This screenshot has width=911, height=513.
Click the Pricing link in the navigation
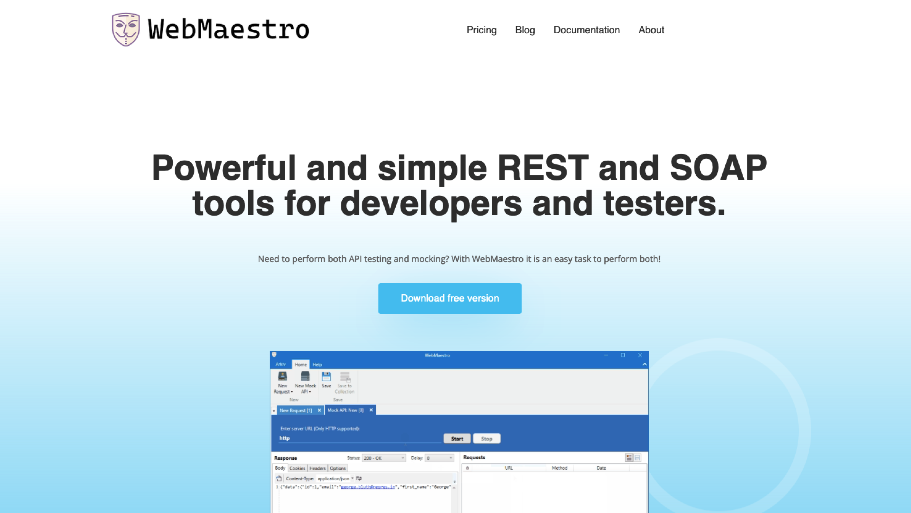point(481,30)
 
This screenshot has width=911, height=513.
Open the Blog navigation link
point(525,30)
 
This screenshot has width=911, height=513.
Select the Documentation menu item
point(586,30)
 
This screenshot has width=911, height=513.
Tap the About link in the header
point(651,30)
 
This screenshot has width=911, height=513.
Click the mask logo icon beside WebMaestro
point(126,30)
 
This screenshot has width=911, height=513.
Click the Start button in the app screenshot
point(457,439)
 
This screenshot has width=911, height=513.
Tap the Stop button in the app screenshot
point(487,439)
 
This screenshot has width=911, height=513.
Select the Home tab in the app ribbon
point(301,364)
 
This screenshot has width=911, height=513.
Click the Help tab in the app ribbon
point(317,364)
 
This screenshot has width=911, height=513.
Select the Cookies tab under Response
point(297,468)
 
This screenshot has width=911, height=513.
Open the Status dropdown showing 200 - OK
point(384,458)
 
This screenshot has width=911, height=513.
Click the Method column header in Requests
point(559,468)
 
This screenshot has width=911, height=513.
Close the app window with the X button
point(640,355)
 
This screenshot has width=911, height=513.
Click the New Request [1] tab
point(296,410)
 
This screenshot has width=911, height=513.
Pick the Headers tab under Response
point(317,468)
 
